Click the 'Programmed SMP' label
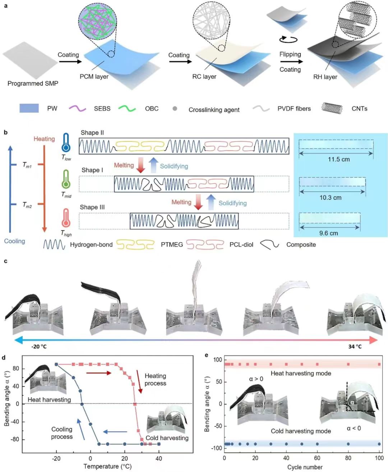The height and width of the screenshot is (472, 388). [x=33, y=83]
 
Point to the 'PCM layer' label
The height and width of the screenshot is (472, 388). [x=94, y=76]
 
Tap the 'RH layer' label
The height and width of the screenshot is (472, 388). [x=325, y=77]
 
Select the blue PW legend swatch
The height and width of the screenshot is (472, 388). [x=29, y=108]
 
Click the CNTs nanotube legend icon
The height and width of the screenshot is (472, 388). [x=332, y=108]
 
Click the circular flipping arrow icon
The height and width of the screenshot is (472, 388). [x=288, y=39]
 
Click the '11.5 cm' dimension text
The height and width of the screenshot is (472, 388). [x=338, y=159]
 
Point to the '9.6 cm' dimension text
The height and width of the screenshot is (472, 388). [x=328, y=233]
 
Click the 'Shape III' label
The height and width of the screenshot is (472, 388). [x=92, y=207]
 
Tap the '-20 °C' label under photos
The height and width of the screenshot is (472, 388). [x=39, y=347]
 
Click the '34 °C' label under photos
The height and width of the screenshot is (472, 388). [x=355, y=347]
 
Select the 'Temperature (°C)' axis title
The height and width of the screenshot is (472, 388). [x=107, y=467]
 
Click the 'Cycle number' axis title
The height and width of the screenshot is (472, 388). [x=305, y=467]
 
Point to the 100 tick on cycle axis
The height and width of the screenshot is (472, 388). [x=379, y=458]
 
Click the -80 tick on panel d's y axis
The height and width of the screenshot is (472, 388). [x=16, y=439]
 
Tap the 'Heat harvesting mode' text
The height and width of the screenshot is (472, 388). [x=301, y=373]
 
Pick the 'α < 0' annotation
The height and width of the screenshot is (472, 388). [x=354, y=428]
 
